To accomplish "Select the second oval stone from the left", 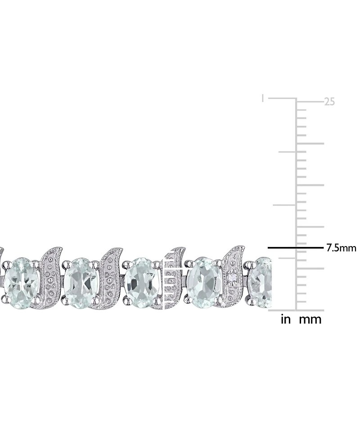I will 81,282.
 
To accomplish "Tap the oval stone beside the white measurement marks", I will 141,282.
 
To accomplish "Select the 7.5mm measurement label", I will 341,248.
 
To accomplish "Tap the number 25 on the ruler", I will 329,102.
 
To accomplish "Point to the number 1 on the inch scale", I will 263,98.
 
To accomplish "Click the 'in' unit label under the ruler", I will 286,320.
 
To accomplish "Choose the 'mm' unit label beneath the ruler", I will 311,320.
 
